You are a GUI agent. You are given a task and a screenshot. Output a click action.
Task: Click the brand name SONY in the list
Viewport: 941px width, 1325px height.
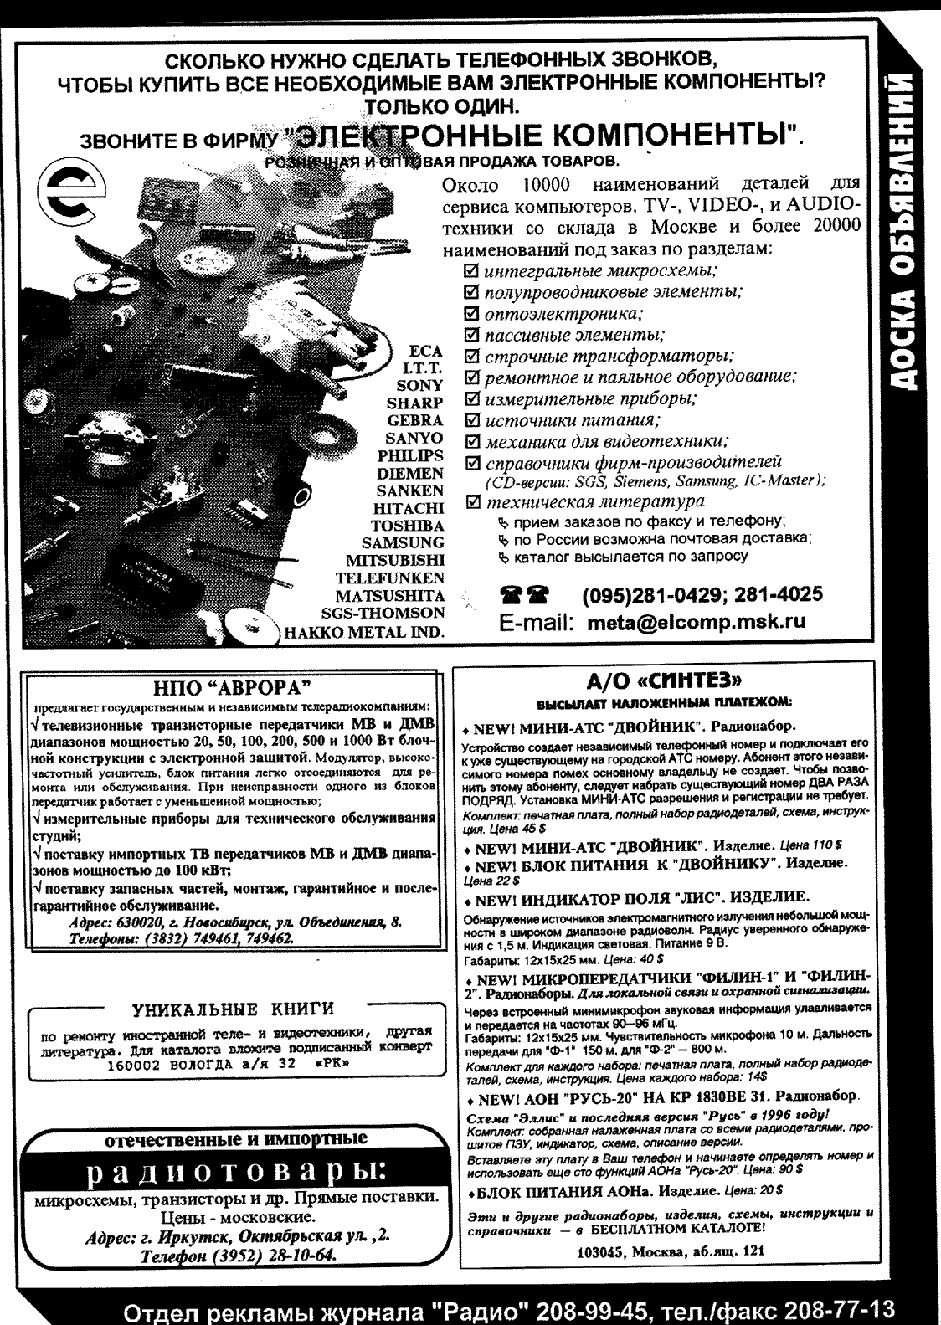(419, 385)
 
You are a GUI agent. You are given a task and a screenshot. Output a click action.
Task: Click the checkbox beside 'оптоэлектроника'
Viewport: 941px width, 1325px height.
(471, 315)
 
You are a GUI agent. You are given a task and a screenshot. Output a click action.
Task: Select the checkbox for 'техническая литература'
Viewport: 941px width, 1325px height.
(471, 501)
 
